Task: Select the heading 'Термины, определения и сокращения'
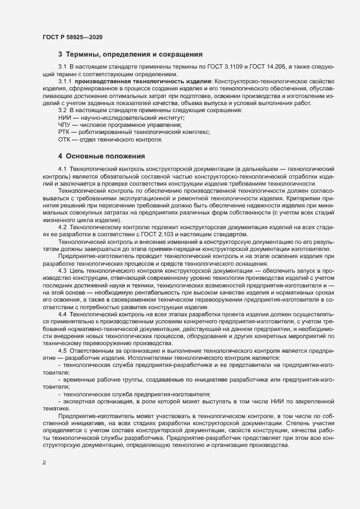[x=134, y=54]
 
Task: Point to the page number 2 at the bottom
[x=44, y=464]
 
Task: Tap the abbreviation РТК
[x=65, y=132]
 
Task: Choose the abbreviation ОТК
[x=65, y=140]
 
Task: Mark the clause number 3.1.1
[x=65, y=81]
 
